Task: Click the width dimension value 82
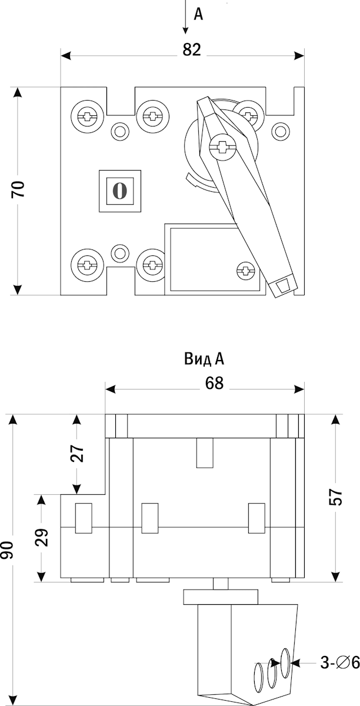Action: pos(192,50)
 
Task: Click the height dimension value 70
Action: pos(19,189)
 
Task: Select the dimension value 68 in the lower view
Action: pos(215,383)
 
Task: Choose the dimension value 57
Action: pos(335,498)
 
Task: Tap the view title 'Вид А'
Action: pos(204,359)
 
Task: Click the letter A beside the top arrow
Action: pos(198,15)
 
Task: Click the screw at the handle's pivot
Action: pos(222,145)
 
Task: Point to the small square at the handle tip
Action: pos(284,286)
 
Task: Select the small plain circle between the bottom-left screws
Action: pos(120,254)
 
